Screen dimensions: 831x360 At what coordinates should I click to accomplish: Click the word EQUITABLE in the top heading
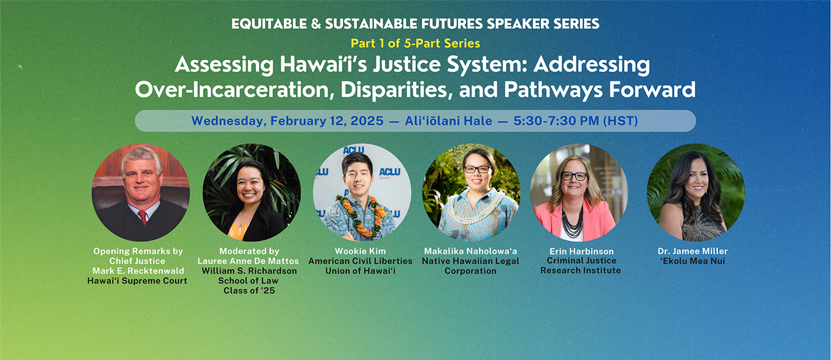pyautogui.click(x=269, y=24)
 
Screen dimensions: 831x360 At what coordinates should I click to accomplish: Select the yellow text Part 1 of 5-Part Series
pyautogui.click(x=415, y=43)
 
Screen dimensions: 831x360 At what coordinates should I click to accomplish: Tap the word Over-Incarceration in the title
pyautogui.click(x=232, y=90)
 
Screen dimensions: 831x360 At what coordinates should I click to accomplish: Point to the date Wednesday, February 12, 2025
pyautogui.click(x=287, y=121)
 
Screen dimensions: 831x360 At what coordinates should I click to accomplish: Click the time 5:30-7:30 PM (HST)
pyautogui.click(x=575, y=121)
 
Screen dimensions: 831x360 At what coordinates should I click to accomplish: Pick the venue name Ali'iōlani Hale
pyautogui.click(x=448, y=121)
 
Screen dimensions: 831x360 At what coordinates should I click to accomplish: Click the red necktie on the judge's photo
pyautogui.click(x=143, y=218)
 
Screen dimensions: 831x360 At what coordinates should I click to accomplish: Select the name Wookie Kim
pyautogui.click(x=360, y=251)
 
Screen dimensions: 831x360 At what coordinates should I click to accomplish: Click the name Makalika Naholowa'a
pyautogui.click(x=470, y=251)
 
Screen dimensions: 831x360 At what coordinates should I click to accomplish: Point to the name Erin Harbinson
pyautogui.click(x=581, y=251)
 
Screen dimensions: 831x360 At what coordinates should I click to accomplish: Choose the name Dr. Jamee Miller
pyautogui.click(x=693, y=251)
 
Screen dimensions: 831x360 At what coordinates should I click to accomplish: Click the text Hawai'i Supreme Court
pyautogui.click(x=137, y=281)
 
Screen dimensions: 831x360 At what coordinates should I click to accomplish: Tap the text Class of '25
pyautogui.click(x=249, y=291)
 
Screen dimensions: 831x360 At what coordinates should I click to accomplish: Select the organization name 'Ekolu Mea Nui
pyautogui.click(x=693, y=261)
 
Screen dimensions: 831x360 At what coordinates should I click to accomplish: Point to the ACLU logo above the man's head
pyautogui.click(x=353, y=149)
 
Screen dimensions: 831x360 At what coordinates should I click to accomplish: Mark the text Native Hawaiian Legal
pyautogui.click(x=470, y=261)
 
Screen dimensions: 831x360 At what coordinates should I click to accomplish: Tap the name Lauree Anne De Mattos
pyautogui.click(x=248, y=261)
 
